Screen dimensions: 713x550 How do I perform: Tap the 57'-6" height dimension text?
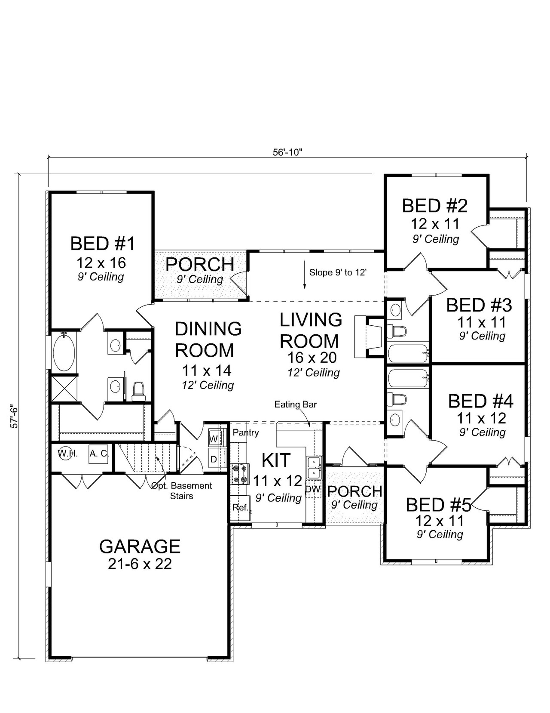(15, 416)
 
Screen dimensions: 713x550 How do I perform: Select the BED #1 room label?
(102, 244)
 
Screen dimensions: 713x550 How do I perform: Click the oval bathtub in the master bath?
(64, 352)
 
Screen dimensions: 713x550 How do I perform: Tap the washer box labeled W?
(214, 438)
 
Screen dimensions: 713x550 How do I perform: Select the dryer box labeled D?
(214, 459)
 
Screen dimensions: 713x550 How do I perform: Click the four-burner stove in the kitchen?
(241, 474)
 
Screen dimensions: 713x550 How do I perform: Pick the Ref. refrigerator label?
(240, 507)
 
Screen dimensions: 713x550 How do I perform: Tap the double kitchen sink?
(314, 468)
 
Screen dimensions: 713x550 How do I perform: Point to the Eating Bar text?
(296, 404)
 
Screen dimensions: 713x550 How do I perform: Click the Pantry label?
(246, 432)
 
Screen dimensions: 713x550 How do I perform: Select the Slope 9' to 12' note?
(338, 272)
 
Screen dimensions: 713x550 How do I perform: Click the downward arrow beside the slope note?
(304, 279)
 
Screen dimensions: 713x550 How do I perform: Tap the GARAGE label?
(140, 546)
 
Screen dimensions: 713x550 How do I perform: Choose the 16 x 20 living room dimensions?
(312, 358)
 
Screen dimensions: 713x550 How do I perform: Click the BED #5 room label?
(438, 505)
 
